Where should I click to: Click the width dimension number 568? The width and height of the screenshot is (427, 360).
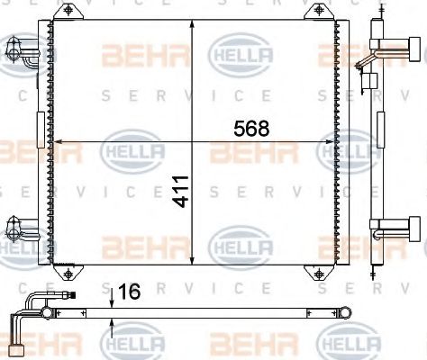(x=250, y=128)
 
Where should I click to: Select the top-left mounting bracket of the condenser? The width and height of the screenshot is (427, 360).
(x=68, y=13)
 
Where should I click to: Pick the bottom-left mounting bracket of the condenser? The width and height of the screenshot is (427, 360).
(x=68, y=271)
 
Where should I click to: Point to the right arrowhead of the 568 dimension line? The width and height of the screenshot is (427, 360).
(x=331, y=141)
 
